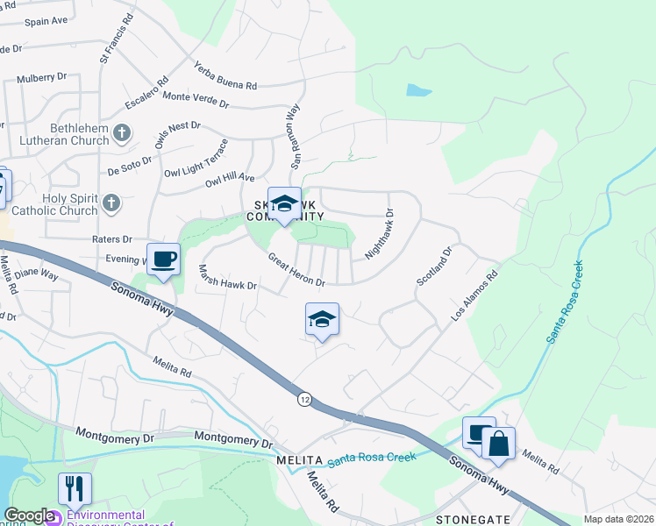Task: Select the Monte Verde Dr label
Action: coord(196,100)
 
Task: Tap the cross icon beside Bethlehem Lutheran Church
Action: coord(123,133)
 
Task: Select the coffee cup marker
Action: coord(163,259)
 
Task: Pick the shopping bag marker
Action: coord(498,444)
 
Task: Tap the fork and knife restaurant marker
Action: coord(75,488)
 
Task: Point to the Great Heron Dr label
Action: coord(296,271)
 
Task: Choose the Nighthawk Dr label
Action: coord(378,232)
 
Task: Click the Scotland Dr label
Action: coord(433,265)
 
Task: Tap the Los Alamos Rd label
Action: coord(474,295)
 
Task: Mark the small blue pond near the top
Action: coord(418,89)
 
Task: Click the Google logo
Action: coord(29,515)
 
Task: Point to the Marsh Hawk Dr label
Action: coord(226,278)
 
